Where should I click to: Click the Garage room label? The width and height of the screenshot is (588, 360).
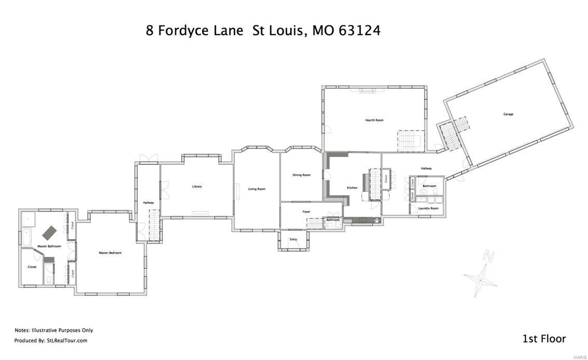(x=508, y=114)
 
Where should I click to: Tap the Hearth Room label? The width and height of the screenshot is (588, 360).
(x=374, y=120)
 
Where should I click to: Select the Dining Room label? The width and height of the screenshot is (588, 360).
(x=302, y=175)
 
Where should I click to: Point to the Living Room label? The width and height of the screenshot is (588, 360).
(x=256, y=189)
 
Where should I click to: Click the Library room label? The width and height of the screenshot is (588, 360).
(x=197, y=186)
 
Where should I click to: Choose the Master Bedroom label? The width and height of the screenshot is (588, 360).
(x=110, y=253)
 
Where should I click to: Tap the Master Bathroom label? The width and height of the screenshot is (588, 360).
(x=49, y=246)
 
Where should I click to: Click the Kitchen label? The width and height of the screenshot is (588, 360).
(x=352, y=187)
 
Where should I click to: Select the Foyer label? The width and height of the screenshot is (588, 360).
(x=306, y=212)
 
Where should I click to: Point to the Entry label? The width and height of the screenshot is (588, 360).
(x=293, y=239)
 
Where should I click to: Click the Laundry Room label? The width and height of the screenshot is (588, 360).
(x=429, y=208)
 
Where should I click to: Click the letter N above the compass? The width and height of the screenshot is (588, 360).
(x=487, y=255)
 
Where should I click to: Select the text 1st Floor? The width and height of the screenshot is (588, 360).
(x=544, y=339)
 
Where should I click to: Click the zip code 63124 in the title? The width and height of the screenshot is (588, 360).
(x=360, y=31)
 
